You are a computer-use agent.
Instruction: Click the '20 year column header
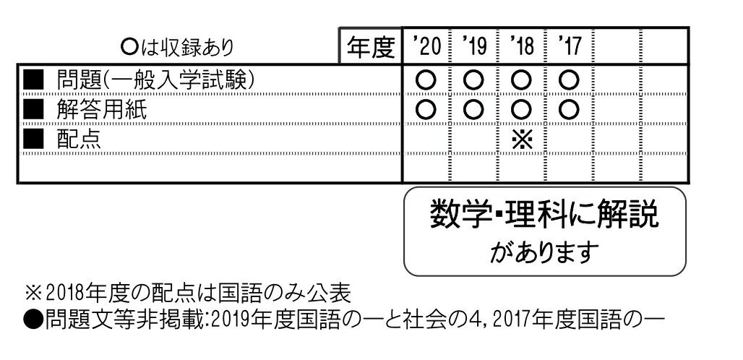click(427, 46)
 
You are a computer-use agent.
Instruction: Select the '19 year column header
click(474, 46)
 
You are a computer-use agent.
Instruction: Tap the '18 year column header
click(522, 46)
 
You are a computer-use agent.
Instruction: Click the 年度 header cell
click(371, 46)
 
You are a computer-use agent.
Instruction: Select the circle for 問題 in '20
click(426, 80)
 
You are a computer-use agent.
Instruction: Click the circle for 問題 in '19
click(473, 80)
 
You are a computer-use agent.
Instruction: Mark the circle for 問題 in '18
click(521, 80)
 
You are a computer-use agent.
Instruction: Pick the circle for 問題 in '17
click(569, 80)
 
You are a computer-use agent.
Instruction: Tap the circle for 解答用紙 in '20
click(426, 111)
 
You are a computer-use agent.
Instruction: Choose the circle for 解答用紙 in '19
click(473, 111)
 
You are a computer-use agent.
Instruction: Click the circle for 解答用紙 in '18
click(521, 111)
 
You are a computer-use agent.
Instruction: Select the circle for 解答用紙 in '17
click(569, 111)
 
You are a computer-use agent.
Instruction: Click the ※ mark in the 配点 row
click(522, 140)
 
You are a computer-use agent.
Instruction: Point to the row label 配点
click(79, 140)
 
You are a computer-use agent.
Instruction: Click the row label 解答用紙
click(101, 110)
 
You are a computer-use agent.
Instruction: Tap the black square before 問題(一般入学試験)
click(33, 80)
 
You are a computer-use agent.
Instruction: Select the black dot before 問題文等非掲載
click(33, 321)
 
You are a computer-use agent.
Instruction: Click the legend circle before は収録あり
click(129, 47)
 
